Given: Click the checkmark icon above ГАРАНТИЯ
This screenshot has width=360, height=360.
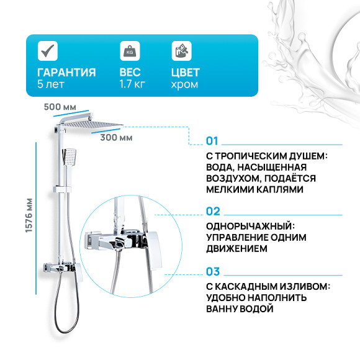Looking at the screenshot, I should (x=47, y=50).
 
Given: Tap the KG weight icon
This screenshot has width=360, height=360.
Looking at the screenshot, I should (x=128, y=50).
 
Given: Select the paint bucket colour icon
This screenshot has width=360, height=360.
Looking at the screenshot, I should (x=180, y=50).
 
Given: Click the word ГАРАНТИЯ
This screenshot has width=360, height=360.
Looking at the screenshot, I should (x=66, y=73).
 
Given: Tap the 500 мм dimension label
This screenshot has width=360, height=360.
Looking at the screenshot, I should (x=57, y=106).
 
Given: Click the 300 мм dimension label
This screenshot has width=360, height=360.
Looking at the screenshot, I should (x=116, y=137).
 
